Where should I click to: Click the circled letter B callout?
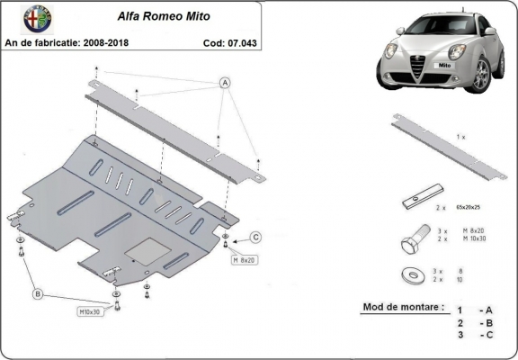pyautogui.click(x=38, y=292)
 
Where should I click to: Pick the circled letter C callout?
pyautogui.click(x=255, y=237)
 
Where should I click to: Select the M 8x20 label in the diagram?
pyautogui.click(x=245, y=260)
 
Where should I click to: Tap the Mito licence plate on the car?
pyautogui.click(x=444, y=66)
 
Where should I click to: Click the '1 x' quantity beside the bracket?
pyautogui.click(x=460, y=136)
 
